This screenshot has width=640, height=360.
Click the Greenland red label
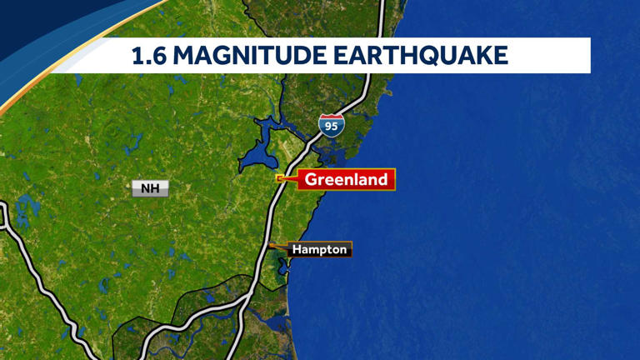[346, 179]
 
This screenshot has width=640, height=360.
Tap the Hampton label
[320, 249]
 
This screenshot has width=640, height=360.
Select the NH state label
[150, 188]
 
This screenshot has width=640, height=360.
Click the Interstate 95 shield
[331, 126]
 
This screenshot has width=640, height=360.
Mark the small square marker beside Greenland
[280, 178]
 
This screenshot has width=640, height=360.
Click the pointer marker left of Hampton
[272, 246]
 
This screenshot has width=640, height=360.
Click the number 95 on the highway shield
[331, 127]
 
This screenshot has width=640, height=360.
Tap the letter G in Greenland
[311, 179]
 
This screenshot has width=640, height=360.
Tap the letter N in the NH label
[145, 188]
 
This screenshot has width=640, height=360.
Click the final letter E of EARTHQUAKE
[500, 56]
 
